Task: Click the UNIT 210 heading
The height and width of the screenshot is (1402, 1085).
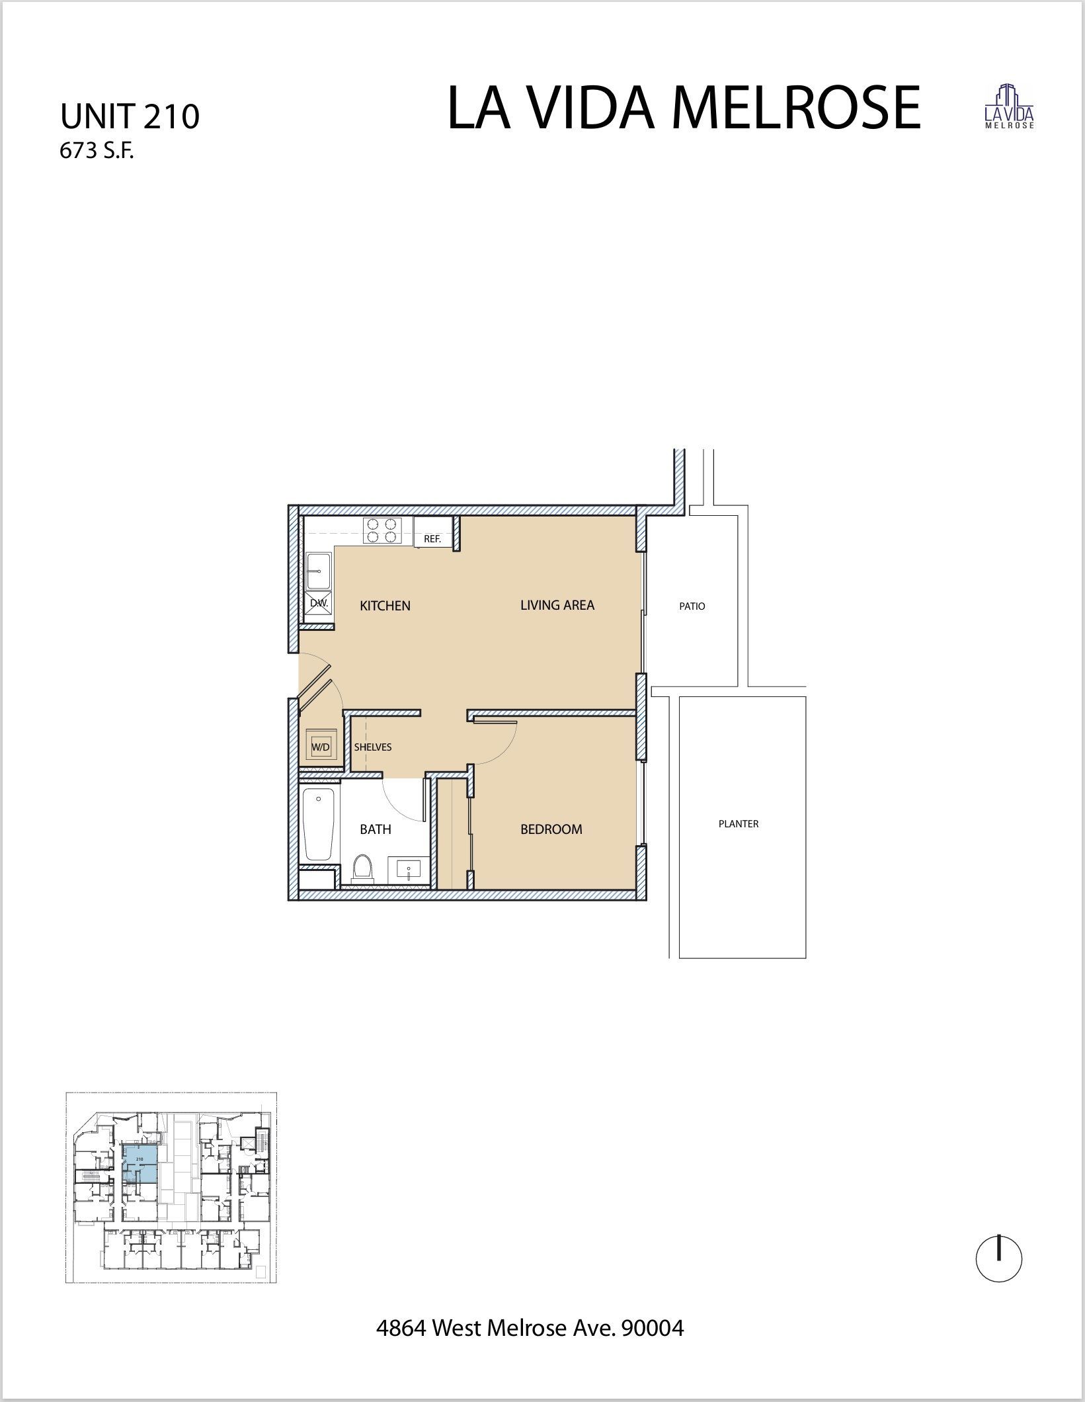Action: coord(130,117)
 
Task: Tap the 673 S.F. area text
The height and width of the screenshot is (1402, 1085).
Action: coord(97,152)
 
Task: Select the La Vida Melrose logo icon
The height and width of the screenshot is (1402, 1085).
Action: coord(1009,106)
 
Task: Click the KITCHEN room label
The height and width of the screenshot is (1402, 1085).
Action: coord(385,606)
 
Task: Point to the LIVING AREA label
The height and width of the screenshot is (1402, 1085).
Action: coord(557,605)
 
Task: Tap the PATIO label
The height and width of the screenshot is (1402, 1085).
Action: coord(692,606)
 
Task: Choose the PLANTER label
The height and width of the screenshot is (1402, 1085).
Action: coord(738,824)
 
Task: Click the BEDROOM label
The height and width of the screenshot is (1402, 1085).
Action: coord(551,829)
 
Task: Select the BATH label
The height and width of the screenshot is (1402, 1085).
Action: coord(375,829)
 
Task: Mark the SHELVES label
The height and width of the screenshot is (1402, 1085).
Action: coord(372,747)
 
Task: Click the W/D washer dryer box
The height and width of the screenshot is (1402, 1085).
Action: coord(321,747)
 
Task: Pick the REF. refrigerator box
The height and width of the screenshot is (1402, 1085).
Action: coord(432,539)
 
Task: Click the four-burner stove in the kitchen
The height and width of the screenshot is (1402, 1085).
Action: coord(383,531)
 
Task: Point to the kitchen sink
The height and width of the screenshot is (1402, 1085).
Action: coord(319,571)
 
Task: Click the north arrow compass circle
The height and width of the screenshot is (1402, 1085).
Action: coord(998,1260)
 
